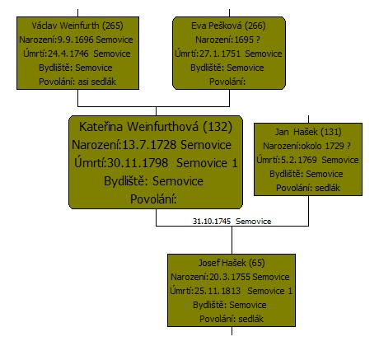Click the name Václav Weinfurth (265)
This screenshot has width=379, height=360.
[77, 26]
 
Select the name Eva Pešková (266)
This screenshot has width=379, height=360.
[228, 26]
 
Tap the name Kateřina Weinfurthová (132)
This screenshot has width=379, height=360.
[156, 127]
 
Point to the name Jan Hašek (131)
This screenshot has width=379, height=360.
[308, 132]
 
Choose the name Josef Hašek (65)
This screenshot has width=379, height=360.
[232, 263]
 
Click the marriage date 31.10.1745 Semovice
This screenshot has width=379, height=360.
[232, 221]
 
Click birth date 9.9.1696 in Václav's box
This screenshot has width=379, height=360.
[75, 40]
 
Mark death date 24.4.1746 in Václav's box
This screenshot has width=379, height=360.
[68, 54]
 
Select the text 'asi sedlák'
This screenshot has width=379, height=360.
[97, 82]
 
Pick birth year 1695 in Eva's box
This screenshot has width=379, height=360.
[244, 40]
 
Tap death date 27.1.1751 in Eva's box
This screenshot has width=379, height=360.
[220, 54]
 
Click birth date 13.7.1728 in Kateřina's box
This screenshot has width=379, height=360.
[149, 145]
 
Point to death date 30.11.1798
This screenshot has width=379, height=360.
[138, 163]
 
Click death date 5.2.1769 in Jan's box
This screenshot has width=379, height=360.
[299, 160]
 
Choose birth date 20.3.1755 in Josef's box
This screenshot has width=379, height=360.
[230, 277]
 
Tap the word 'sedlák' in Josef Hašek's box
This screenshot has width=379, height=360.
[250, 319]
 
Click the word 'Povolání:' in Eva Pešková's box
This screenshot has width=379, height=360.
[227, 82]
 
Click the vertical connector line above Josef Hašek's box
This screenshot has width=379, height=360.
[232, 240]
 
